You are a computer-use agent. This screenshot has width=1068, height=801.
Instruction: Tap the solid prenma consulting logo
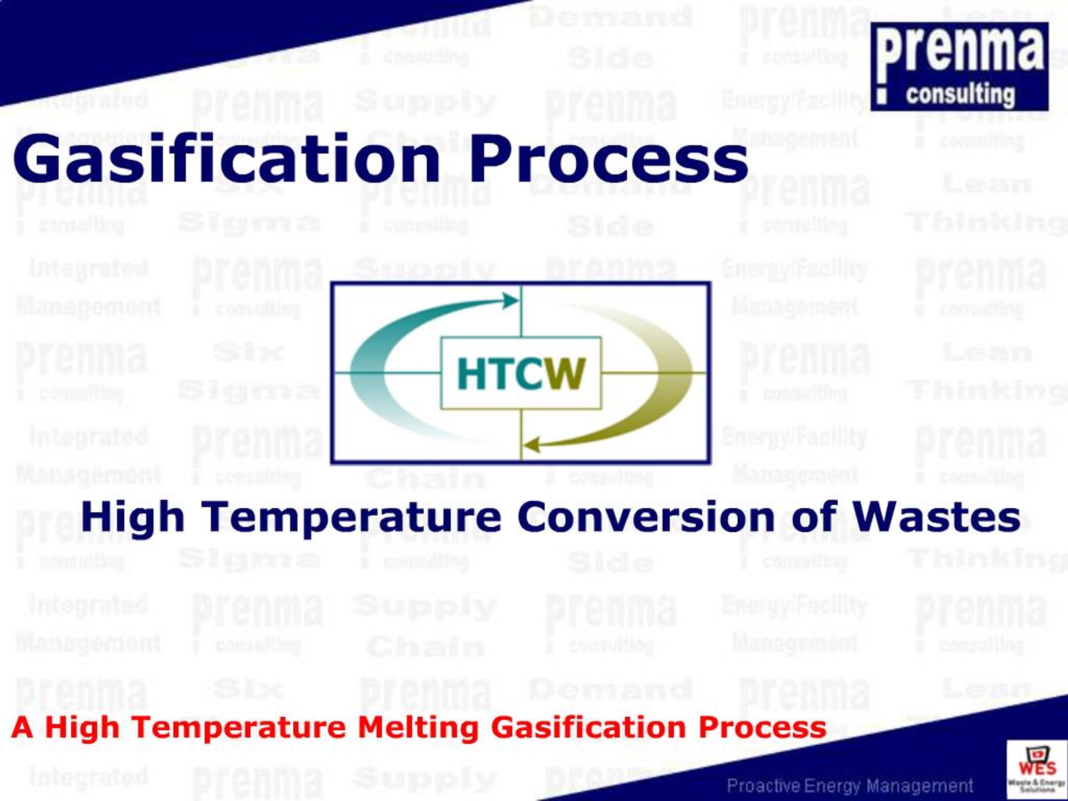click(960, 67)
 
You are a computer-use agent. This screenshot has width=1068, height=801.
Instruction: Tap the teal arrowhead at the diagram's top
click(510, 301)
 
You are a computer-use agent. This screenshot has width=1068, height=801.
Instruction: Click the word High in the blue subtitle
click(133, 517)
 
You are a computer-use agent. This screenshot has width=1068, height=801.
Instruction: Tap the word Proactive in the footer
click(763, 786)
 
